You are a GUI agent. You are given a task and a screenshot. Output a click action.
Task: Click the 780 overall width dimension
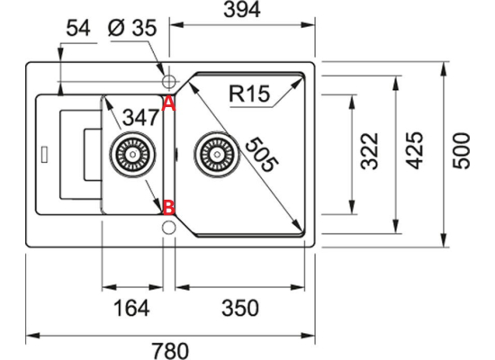(170, 350)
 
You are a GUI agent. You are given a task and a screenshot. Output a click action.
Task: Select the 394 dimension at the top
(242, 10)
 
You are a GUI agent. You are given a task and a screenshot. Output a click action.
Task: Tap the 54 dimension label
(78, 28)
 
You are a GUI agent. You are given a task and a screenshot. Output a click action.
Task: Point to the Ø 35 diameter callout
(132, 28)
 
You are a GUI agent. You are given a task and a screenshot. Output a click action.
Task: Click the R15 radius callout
(249, 94)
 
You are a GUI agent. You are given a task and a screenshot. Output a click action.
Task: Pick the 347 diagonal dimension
(139, 118)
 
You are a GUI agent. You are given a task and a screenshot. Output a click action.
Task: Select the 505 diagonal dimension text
(262, 155)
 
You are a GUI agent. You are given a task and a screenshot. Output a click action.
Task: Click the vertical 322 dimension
(369, 151)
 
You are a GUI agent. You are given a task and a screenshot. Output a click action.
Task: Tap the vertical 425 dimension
(414, 150)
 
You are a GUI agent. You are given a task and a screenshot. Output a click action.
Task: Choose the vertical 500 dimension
(461, 151)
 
